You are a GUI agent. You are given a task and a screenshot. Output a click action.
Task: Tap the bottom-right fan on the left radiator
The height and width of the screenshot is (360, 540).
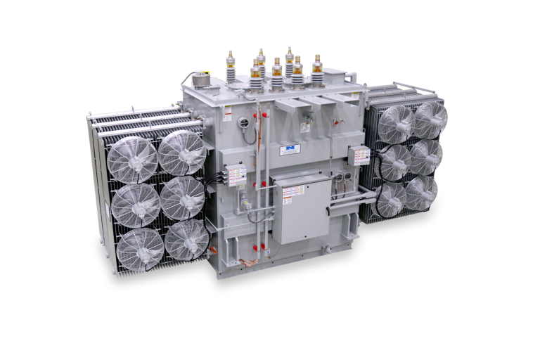point(187,240)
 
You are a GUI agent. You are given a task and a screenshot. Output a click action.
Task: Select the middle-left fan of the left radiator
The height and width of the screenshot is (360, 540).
point(136,205)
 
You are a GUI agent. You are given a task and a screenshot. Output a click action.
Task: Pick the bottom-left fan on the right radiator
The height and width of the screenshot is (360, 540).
point(391,200)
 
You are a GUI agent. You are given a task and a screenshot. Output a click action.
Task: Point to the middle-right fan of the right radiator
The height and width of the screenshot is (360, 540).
point(426,157)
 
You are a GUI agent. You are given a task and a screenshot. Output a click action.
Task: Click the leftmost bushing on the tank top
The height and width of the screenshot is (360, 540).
point(230,67)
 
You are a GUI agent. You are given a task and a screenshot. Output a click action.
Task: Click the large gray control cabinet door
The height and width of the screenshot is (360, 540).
point(300,209)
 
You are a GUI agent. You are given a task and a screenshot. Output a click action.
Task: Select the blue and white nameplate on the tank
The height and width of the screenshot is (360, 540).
point(289,150)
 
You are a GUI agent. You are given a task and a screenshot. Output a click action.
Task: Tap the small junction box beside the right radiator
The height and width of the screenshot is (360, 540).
point(359,155)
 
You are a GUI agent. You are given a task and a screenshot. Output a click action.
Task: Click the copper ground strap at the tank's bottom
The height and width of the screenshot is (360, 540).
point(245,263)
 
